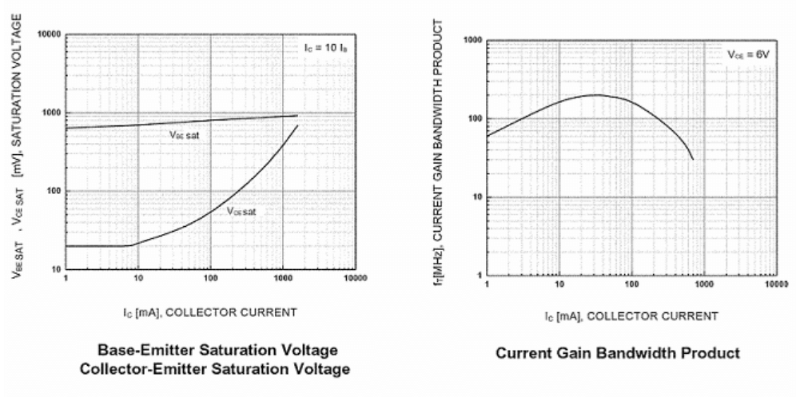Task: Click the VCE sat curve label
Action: point(241,212)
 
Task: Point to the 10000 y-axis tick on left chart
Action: point(50,35)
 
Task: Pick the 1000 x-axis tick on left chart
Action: point(283,278)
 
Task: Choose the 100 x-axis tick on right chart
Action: point(631,285)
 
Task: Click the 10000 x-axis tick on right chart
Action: point(772,285)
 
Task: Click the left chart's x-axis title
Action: point(210,312)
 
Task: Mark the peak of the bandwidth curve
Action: point(595,95)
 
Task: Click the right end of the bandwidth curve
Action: point(693,159)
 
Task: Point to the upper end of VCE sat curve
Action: point(297,125)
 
